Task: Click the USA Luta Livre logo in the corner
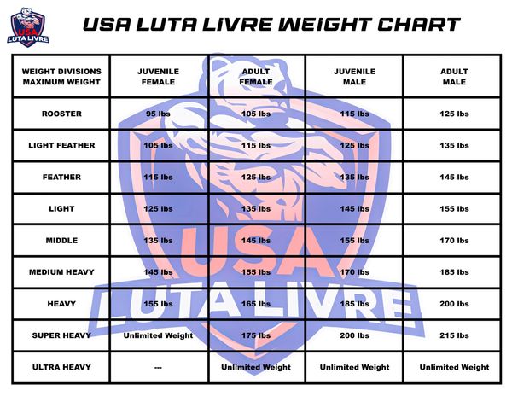tap(28, 27)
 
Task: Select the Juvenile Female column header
tap(159, 77)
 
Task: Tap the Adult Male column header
tap(454, 77)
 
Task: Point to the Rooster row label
tap(61, 114)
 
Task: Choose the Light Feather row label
tap(61, 145)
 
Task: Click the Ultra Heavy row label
tap(61, 367)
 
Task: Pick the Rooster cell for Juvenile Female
tap(159, 114)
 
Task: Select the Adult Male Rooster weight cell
tap(454, 114)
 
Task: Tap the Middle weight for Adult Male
tap(454, 241)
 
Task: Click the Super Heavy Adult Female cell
tap(256, 335)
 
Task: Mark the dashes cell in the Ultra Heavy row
tap(159, 368)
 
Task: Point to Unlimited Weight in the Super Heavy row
tap(159, 335)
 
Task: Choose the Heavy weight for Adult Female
tap(256, 304)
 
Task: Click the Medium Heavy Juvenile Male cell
tap(355, 272)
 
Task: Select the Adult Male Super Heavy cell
tap(454, 335)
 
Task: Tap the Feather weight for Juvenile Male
tap(355, 177)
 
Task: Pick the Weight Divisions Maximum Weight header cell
tap(61, 77)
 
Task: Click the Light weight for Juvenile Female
tap(159, 208)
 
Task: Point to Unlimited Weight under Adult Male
tap(454, 367)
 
